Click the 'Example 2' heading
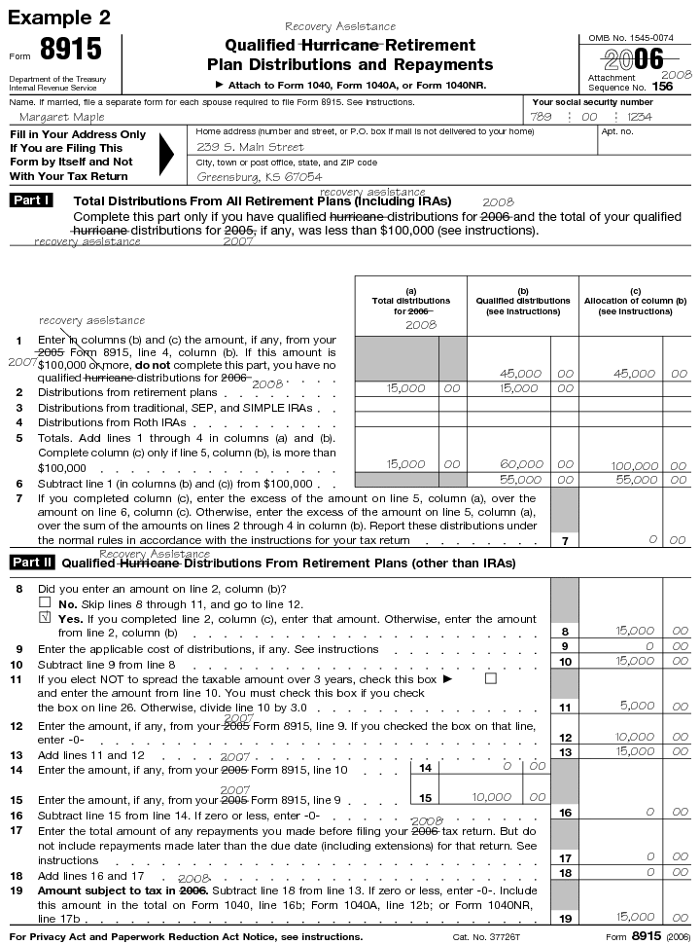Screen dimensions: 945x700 (60, 18)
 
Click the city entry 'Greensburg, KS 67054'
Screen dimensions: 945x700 (259, 177)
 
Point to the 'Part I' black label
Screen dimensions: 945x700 (30, 200)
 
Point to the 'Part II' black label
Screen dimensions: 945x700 (32, 563)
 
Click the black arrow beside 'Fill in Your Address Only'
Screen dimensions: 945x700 (167, 154)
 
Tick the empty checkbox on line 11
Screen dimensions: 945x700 (490, 677)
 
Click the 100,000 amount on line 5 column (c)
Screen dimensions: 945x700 (632, 466)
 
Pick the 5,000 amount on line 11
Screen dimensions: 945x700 (637, 706)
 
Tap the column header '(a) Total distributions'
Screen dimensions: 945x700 (410, 296)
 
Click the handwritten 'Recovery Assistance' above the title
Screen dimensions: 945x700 (340, 26)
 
